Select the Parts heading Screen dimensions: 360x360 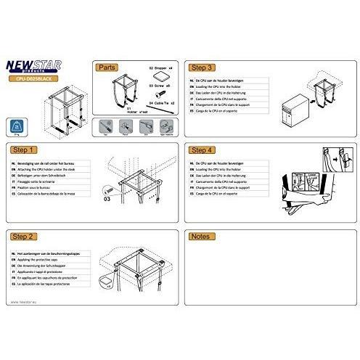107,65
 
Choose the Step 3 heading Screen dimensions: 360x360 202,65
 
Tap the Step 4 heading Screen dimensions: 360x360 202,150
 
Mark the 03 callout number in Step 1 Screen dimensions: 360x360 106,195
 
